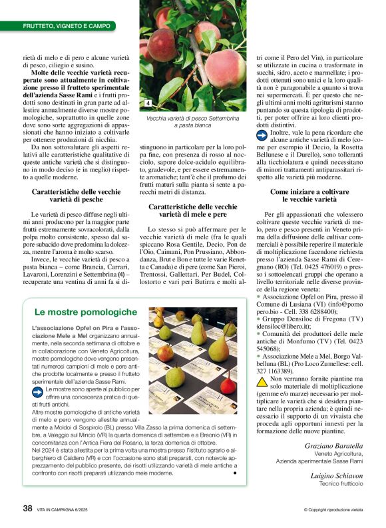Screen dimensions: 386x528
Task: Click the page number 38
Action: click(x=27, y=508)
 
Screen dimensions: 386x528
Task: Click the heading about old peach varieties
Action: click(x=77, y=196)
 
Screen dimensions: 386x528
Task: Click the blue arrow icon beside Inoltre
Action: click(x=262, y=133)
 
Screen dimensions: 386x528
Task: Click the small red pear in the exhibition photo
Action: click(x=228, y=385)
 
